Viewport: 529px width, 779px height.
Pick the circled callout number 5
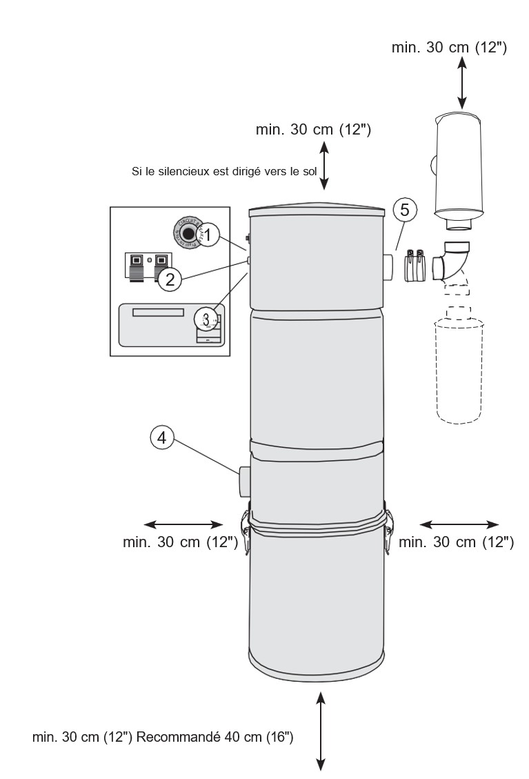406,209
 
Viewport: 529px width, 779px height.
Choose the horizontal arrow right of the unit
459,523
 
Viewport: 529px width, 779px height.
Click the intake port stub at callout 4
245,482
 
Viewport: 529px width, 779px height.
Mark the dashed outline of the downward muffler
457,366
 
